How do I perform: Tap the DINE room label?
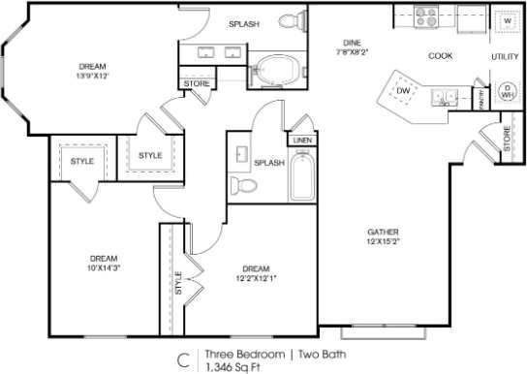point(352,43)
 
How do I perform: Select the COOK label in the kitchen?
point(441,56)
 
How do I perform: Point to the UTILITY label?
point(504,57)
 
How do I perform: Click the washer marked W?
point(505,20)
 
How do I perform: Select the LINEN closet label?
point(302,140)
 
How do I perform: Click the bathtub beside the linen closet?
point(304,175)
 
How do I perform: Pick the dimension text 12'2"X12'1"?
point(256,279)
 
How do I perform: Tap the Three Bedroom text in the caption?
point(235,355)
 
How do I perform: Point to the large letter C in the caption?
point(181,359)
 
